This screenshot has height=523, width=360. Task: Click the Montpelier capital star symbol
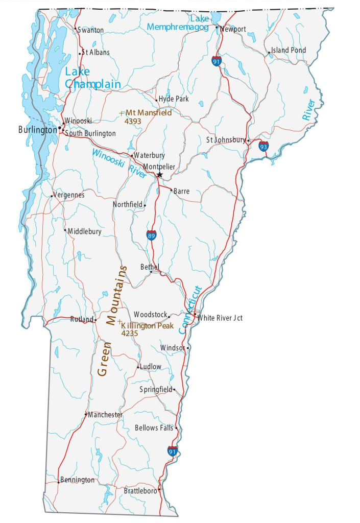click(159, 175)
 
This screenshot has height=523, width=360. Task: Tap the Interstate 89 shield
click(151, 235)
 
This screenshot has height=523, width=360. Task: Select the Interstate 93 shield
click(263, 147)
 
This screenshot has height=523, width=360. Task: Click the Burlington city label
click(37, 130)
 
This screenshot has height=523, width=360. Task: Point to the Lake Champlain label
click(92, 78)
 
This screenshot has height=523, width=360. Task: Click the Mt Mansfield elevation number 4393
click(133, 122)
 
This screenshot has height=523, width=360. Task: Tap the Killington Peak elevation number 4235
click(129, 333)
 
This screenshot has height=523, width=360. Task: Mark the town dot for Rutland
click(95, 320)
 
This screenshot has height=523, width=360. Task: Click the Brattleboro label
click(140, 491)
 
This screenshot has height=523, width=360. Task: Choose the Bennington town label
click(77, 480)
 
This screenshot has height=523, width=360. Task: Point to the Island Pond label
click(289, 50)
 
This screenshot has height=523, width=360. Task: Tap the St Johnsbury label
click(226, 140)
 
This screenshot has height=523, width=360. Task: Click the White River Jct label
click(220, 318)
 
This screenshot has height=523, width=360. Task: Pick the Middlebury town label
click(84, 231)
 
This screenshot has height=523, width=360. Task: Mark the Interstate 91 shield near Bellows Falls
click(173, 451)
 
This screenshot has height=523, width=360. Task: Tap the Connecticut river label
click(190, 310)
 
